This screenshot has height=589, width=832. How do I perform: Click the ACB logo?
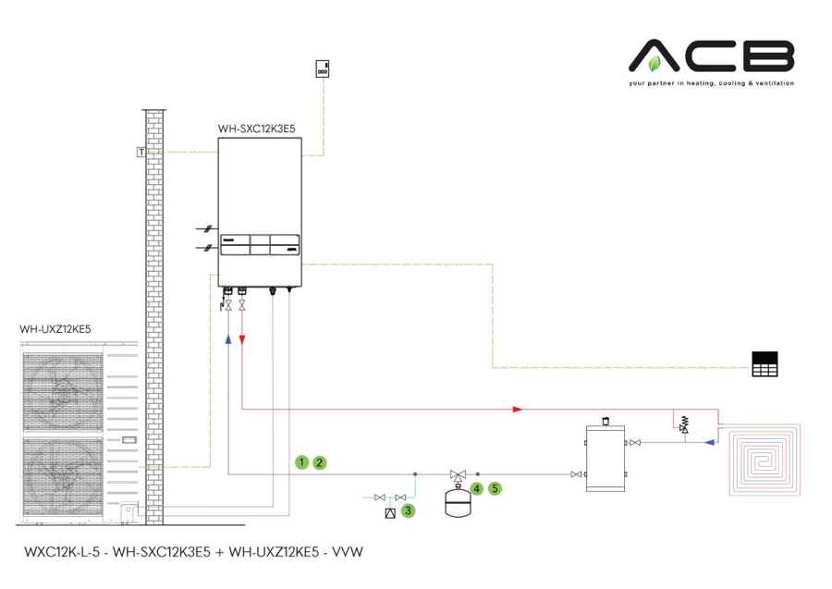[x=711, y=56]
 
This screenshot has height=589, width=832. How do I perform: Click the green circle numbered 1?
[x=301, y=461]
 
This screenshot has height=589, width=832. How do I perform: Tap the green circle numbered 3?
[x=408, y=509]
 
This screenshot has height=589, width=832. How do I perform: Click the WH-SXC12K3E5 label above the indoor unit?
[x=256, y=129]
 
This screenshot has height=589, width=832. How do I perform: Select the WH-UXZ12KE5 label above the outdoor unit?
[x=55, y=328]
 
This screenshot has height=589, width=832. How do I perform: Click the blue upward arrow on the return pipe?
[x=227, y=339]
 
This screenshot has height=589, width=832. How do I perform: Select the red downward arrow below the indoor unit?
[x=242, y=339]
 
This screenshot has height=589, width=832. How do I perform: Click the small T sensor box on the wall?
[x=141, y=152]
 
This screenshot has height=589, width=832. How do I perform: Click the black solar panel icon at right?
[x=765, y=364]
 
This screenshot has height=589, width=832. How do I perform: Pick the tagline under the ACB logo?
[x=711, y=83]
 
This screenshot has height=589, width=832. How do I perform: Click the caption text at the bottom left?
[x=192, y=552]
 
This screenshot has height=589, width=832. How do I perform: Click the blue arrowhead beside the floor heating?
[x=709, y=442]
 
